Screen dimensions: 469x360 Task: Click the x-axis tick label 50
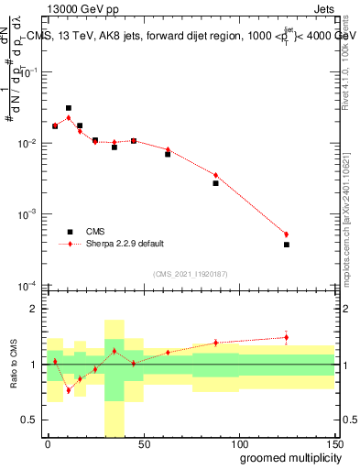point(143,443)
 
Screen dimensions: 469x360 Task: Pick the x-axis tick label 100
point(238,443)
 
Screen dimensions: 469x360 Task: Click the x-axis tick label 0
point(48,443)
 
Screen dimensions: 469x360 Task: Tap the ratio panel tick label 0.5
point(32,420)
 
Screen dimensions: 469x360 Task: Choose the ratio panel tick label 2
point(37,310)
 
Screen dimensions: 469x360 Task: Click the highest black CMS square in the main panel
point(69,108)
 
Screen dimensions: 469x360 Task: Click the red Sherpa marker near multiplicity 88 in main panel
point(216,175)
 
